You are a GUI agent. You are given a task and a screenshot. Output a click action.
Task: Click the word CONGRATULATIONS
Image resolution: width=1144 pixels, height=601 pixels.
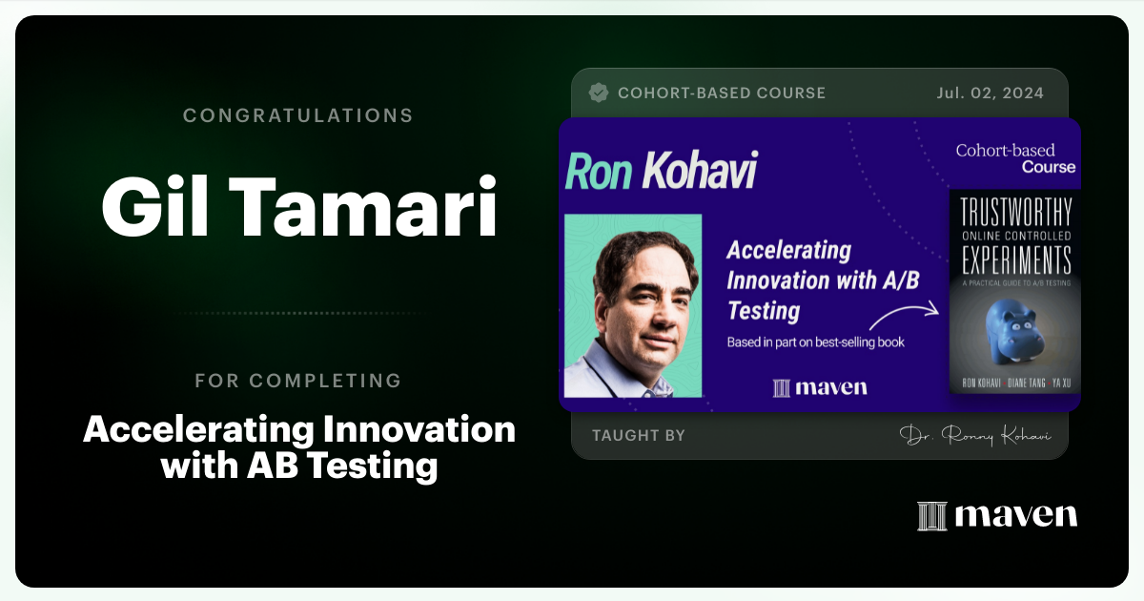[x=297, y=115]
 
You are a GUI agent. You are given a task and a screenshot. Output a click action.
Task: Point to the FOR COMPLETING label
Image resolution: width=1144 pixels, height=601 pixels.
[x=297, y=381]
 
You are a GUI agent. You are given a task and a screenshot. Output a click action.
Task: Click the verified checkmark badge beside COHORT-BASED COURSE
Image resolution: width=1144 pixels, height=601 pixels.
[x=599, y=93]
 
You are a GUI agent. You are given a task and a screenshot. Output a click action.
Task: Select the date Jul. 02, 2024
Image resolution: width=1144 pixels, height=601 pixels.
[x=990, y=93]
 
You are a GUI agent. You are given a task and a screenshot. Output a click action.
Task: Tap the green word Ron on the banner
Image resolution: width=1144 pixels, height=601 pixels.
[x=599, y=172]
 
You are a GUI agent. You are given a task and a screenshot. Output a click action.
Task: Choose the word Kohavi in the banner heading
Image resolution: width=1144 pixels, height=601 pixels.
[x=700, y=172]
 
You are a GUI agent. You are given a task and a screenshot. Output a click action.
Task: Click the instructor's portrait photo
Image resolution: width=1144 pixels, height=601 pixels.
[x=633, y=305]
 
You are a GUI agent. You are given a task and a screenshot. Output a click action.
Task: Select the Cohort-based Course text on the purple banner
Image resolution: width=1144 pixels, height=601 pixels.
[x=1015, y=158]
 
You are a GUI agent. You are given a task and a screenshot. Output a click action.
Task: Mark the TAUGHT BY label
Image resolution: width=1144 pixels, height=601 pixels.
[x=638, y=436]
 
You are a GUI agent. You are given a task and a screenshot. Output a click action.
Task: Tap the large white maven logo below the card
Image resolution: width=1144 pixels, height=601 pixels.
[x=997, y=515]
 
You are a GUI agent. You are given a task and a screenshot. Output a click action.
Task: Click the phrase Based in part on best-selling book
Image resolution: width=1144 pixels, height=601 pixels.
[x=815, y=342]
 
